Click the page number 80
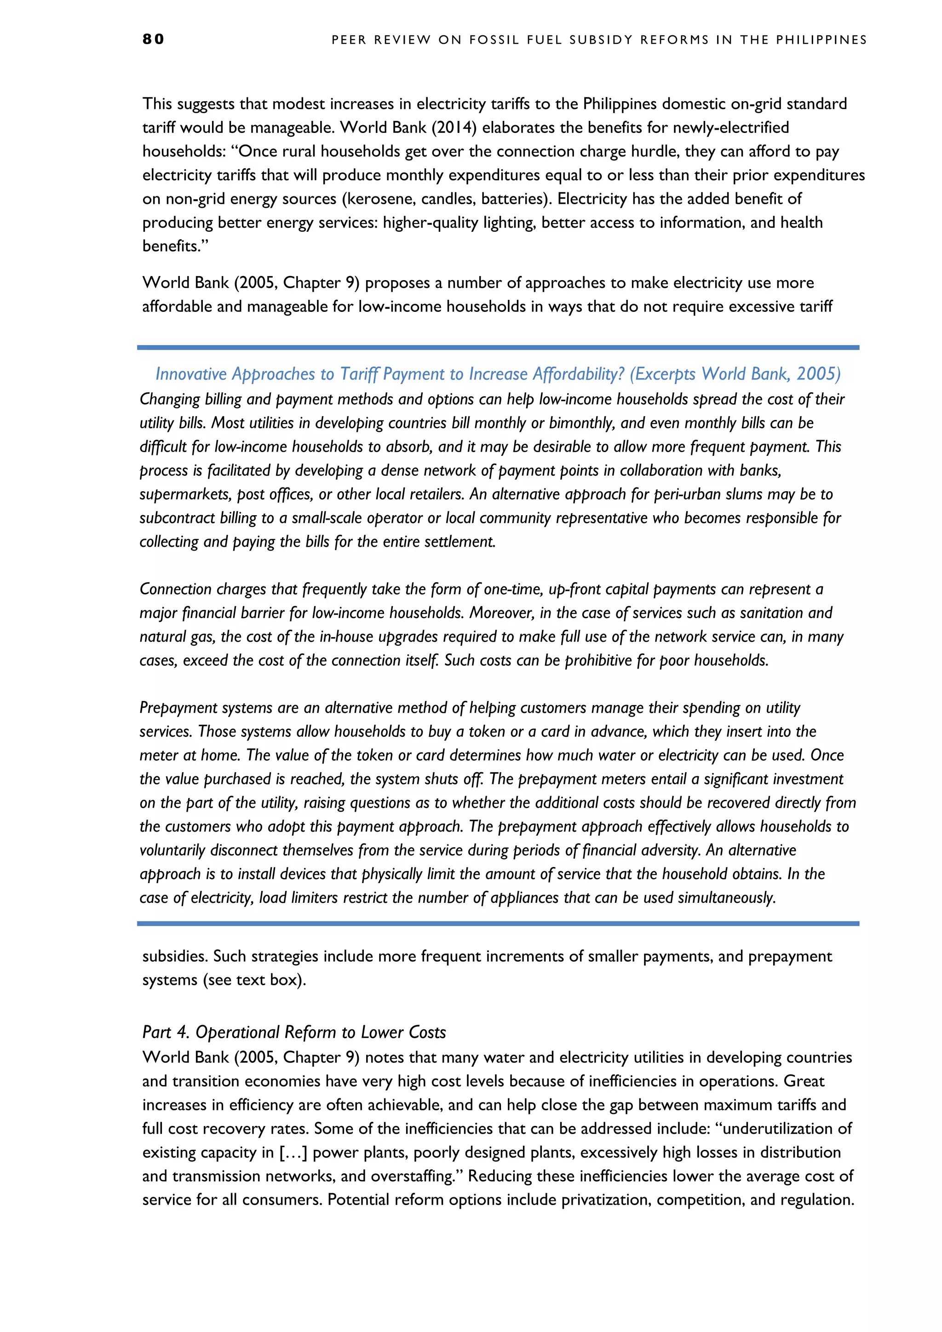point(153,39)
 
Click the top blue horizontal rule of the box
point(498,348)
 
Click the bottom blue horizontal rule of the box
point(498,923)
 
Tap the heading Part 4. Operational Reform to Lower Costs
point(294,1032)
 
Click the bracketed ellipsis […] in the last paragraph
point(293,1152)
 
